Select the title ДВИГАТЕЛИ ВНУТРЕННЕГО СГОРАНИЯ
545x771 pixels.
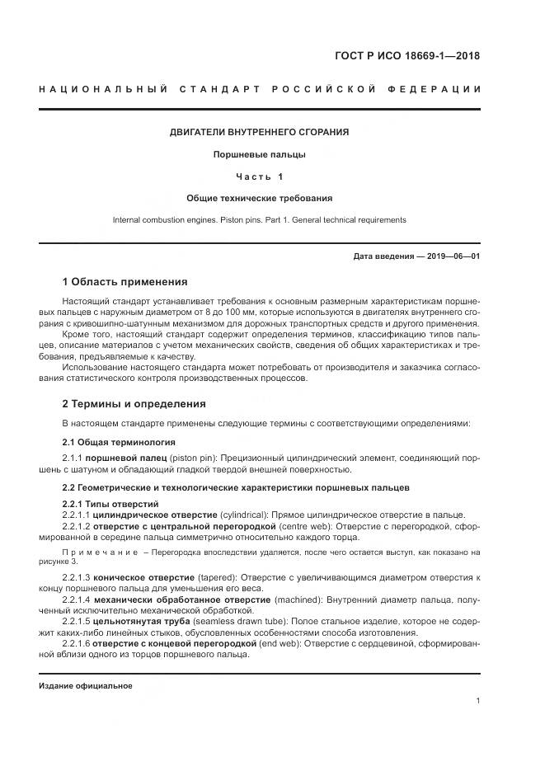point(259,132)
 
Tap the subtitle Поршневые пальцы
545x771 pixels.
point(259,154)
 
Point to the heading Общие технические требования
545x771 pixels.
point(259,198)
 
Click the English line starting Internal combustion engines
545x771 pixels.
point(259,220)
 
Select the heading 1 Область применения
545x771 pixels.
point(125,282)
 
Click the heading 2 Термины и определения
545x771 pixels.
point(134,404)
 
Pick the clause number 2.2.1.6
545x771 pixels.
point(76,643)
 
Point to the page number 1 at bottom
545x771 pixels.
point(478,701)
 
